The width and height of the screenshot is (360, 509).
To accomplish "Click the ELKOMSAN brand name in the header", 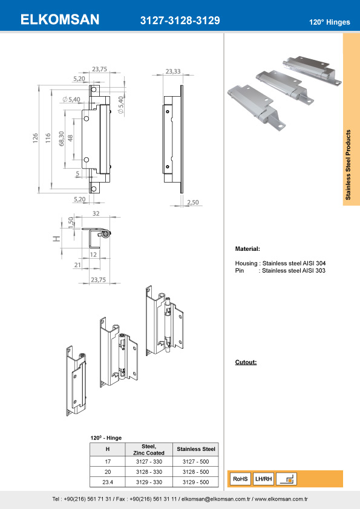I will tap(60, 20).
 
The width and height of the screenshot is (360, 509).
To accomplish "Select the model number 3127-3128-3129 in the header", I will tap(180, 21).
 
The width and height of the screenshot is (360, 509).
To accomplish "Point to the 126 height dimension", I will tap(35, 138).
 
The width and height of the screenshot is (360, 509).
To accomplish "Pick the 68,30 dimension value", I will tap(61, 138).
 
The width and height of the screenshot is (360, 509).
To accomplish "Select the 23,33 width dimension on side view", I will tap(172, 71).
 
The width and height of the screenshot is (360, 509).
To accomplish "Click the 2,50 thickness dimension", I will tap(193, 203).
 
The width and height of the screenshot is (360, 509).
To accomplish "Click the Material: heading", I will tap(247, 249).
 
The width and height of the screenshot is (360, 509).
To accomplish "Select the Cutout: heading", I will tap(246, 362).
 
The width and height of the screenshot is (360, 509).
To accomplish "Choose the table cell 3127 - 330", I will tap(149, 461).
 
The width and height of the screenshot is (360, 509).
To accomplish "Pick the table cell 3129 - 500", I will tap(195, 482).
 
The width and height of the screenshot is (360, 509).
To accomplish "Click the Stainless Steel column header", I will tap(195, 449).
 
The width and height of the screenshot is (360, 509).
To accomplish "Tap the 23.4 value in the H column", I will tap(108, 482).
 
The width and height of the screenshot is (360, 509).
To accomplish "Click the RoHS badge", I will tap(240, 479).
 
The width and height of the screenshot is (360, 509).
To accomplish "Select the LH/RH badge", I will tap(264, 479).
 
